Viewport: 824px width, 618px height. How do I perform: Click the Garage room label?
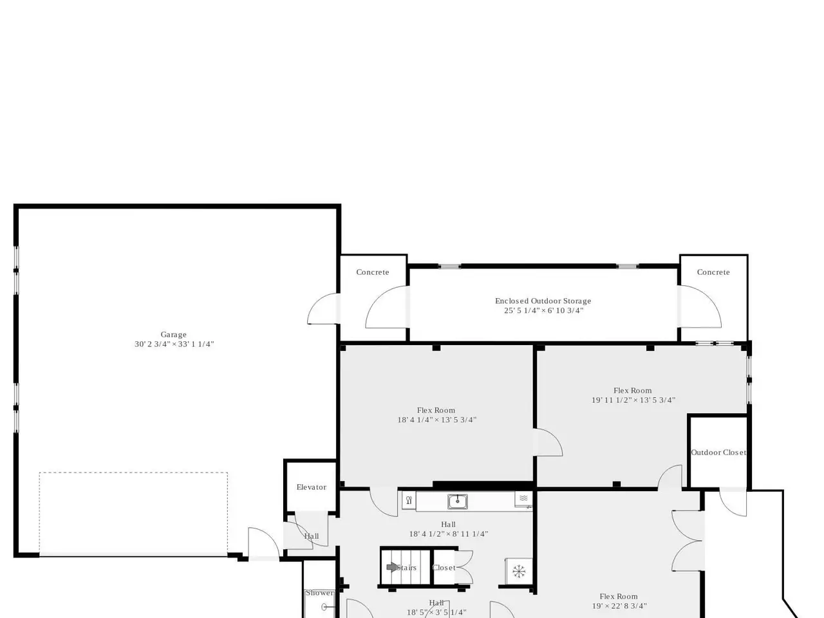click(x=173, y=334)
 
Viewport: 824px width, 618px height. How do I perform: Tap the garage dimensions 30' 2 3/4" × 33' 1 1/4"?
click(x=174, y=344)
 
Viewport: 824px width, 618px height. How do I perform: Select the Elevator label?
click(x=311, y=487)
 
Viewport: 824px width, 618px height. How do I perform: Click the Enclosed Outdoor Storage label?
click(x=543, y=301)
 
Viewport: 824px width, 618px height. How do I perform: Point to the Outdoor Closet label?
click(x=718, y=453)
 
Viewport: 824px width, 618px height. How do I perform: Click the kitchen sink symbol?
click(x=457, y=501)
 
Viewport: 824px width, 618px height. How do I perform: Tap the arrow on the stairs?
click(x=392, y=567)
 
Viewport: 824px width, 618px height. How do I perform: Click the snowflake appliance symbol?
click(x=519, y=572)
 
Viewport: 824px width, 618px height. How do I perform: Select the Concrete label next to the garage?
click(x=372, y=272)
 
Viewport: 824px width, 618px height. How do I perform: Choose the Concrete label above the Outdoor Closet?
click(x=713, y=272)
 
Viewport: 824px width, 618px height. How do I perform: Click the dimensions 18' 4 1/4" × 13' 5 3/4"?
click(x=436, y=420)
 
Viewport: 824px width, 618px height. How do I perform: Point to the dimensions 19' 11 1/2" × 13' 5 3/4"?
click(x=633, y=400)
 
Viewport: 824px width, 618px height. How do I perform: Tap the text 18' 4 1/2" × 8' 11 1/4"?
click(x=448, y=534)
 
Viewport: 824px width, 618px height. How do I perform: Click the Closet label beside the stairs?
click(x=444, y=568)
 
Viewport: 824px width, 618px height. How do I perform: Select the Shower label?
click(x=319, y=594)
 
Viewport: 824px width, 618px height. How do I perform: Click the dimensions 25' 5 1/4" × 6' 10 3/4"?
click(x=543, y=311)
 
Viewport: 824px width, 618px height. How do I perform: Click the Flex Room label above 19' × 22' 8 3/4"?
click(x=618, y=597)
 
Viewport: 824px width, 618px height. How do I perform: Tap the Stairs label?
click(x=407, y=568)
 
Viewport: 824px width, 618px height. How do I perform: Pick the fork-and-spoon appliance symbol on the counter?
click(x=409, y=501)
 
